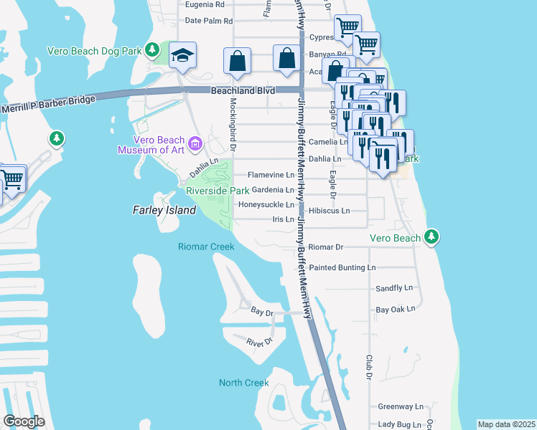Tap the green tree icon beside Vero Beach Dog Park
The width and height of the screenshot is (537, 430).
point(151,49)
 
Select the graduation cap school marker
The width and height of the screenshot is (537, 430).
point(183,54)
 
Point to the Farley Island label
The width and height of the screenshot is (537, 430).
point(164,210)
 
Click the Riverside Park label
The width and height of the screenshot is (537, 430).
point(218,191)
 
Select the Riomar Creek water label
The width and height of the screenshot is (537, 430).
point(206,247)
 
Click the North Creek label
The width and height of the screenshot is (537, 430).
point(244,383)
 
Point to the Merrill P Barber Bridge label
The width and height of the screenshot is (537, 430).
point(49,104)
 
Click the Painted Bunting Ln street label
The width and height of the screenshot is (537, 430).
point(342,267)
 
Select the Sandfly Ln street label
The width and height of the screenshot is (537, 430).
point(395,288)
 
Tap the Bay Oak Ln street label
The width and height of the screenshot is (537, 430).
point(396,310)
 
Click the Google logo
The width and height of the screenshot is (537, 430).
point(24,421)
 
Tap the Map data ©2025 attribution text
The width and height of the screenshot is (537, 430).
point(507,424)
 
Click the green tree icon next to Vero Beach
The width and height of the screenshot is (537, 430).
point(431,236)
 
